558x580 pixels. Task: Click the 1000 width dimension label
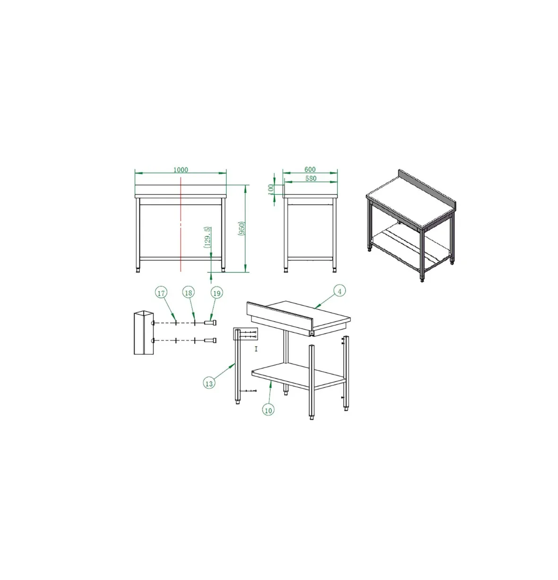point(180,170)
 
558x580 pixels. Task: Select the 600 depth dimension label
point(310,169)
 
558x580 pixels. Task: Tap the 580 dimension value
point(310,178)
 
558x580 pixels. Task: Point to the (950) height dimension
point(241,229)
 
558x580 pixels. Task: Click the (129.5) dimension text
point(207,237)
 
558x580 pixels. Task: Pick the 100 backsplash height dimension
point(271,189)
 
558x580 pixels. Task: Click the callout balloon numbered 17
point(161,293)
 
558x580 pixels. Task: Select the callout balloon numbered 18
point(189,293)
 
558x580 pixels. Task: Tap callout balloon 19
point(217,293)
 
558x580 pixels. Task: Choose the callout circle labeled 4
point(340,291)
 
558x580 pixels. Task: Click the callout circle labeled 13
point(209,384)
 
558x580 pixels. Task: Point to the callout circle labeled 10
point(268,410)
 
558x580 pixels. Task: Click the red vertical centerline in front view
point(180,224)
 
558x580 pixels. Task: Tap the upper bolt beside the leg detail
point(210,323)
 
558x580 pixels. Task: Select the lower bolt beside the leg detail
point(210,341)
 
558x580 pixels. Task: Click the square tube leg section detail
point(144,333)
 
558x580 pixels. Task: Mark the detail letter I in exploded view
point(256,349)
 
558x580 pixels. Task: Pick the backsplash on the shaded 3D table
point(427,189)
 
